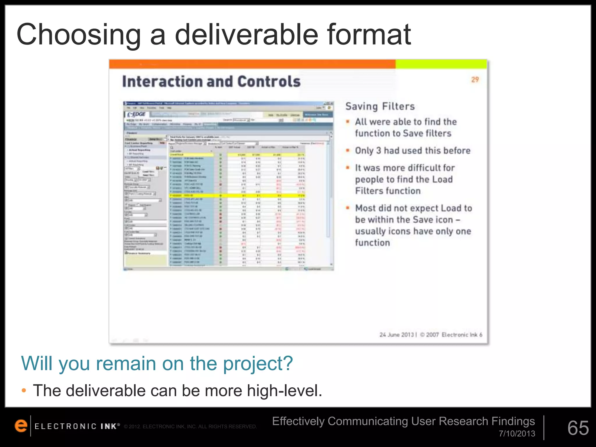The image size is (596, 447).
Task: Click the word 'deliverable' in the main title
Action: (246, 35)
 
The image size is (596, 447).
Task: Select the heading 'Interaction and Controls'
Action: (211, 81)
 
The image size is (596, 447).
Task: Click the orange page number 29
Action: (475, 80)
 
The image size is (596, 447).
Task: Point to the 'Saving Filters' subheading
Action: (380, 107)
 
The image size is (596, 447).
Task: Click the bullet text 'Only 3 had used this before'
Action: (413, 151)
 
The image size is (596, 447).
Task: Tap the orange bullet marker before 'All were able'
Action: (348, 122)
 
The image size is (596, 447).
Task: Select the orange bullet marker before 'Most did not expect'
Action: (348, 208)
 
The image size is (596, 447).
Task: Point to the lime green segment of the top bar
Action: (441, 64)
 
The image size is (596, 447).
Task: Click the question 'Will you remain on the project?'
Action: (157, 363)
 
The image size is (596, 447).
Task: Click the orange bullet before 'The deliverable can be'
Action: (24, 391)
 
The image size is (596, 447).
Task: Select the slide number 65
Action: (578, 428)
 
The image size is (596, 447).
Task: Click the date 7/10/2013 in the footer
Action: (517, 434)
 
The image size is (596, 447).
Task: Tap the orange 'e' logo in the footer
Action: (21, 426)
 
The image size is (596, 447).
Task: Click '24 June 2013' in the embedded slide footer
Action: (396, 335)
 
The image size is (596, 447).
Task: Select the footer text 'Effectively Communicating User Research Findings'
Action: (403, 421)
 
